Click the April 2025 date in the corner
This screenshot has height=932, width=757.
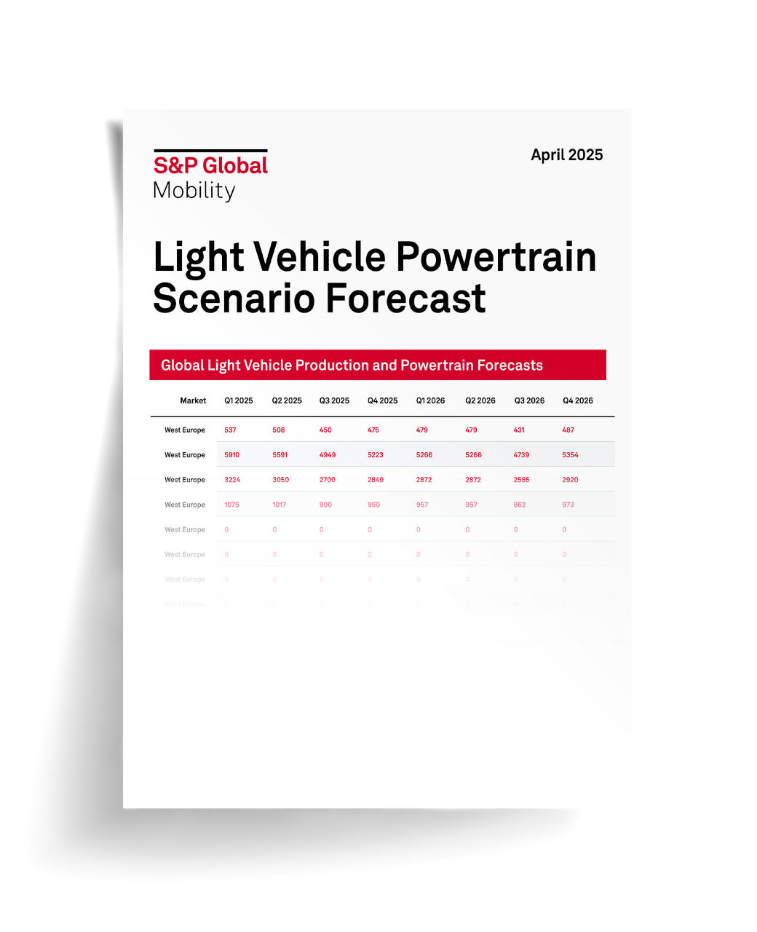(566, 155)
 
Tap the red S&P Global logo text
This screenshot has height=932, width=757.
(210, 165)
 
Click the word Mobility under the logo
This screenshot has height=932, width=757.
(194, 191)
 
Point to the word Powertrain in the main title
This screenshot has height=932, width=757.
(496, 258)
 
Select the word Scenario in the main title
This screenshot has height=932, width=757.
(233, 299)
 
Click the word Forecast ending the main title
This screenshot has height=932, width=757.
(405, 299)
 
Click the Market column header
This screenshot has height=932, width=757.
(193, 400)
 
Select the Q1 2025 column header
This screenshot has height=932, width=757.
(238, 400)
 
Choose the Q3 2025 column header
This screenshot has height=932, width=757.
(334, 400)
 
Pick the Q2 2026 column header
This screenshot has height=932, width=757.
(480, 400)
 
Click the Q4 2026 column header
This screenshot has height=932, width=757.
(577, 400)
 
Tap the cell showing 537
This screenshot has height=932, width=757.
(230, 430)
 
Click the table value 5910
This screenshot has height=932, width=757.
(231, 455)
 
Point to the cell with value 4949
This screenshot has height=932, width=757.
(328, 455)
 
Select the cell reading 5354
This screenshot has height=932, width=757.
(570, 455)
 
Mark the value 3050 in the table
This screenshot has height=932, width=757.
(280, 480)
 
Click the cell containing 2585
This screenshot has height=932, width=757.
(521, 480)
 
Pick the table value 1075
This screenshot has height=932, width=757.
(231, 505)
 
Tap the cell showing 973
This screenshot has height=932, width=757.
(568, 505)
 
